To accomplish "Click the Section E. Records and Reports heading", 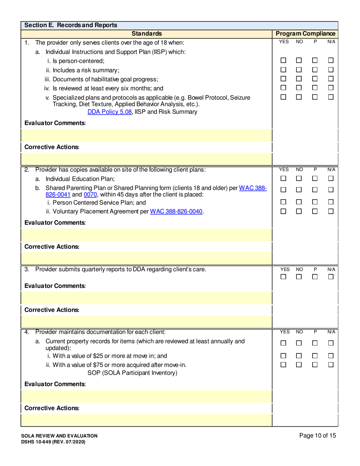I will pyautogui.click(x=71, y=25).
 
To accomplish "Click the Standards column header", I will pyautogui.click(x=147, y=33).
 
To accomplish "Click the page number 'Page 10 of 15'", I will pyautogui.click(x=317, y=436).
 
